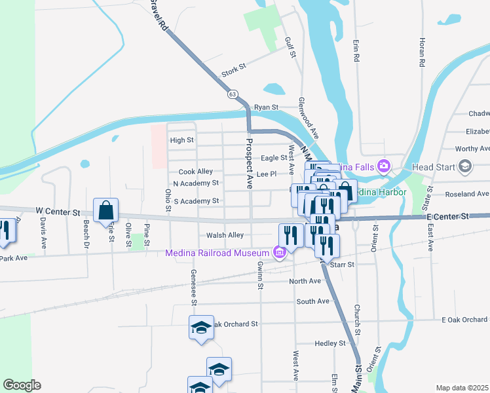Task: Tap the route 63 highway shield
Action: [233, 94]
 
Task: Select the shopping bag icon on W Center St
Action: [106, 211]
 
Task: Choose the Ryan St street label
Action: [267, 107]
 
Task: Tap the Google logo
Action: [22, 385]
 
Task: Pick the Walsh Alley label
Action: [225, 235]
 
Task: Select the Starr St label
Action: [343, 265]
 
